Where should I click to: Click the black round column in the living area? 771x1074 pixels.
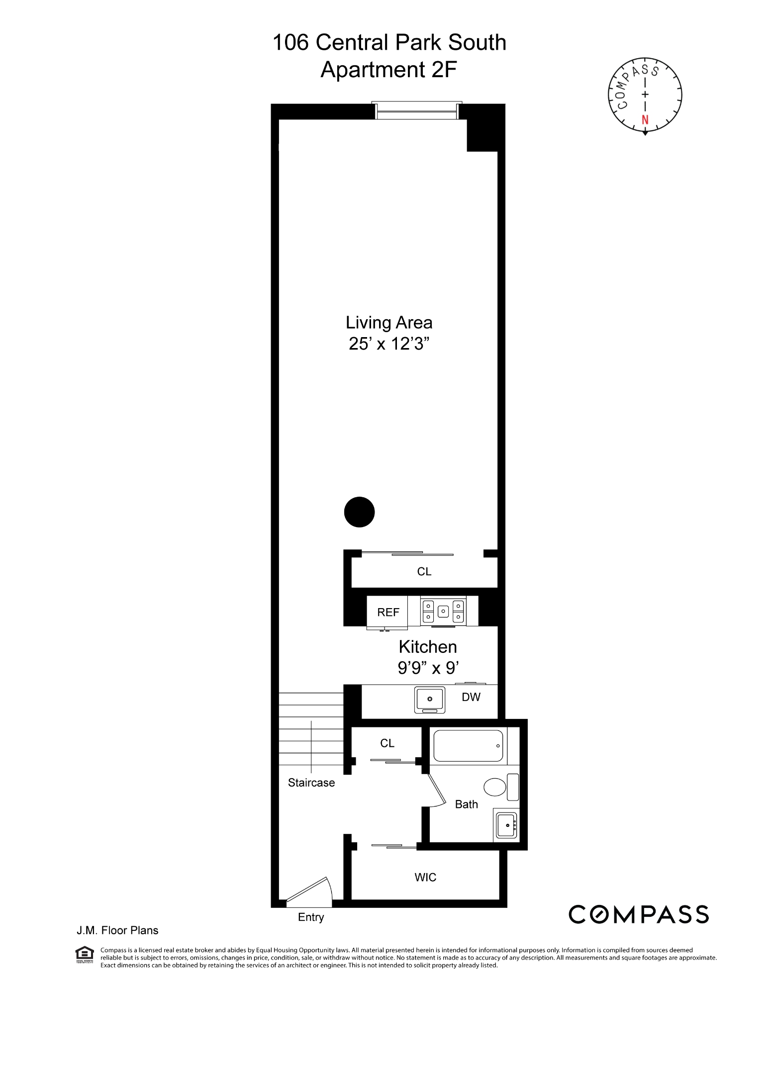pos(359,512)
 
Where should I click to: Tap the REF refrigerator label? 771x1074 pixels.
pos(388,612)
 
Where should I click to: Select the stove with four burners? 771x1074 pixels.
pos(443,611)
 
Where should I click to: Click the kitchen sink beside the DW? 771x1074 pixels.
pos(430,700)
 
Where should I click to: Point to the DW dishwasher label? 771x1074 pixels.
pos(471,697)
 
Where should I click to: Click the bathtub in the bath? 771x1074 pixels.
pos(468,746)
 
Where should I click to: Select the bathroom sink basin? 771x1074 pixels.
pos(507,825)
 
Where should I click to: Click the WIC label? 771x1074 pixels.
pos(425,878)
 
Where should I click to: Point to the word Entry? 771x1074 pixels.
pos(311,917)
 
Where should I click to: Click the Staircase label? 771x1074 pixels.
pos(311,783)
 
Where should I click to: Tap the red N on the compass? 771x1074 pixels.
pos(645,120)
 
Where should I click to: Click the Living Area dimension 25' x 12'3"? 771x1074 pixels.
pos(389,344)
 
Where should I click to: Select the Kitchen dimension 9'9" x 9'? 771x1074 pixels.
pos(428,668)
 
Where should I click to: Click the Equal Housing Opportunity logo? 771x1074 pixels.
pos(84,954)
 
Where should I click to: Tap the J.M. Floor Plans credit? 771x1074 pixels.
pos(117,930)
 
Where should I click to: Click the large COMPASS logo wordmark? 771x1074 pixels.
pos(639,914)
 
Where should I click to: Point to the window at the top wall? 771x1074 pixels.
pos(416,111)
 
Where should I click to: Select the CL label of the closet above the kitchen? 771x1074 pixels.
pos(424,572)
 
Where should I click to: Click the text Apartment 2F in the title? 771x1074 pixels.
pos(388,70)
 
